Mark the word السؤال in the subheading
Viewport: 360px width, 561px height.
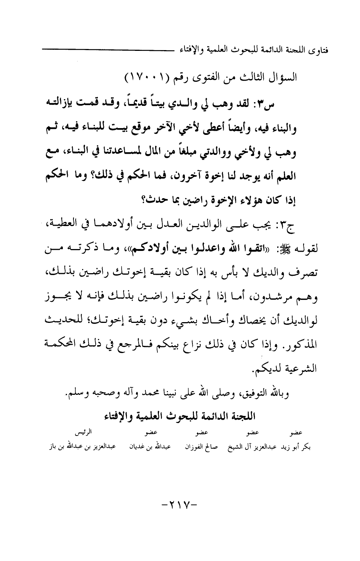[x=286, y=78]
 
